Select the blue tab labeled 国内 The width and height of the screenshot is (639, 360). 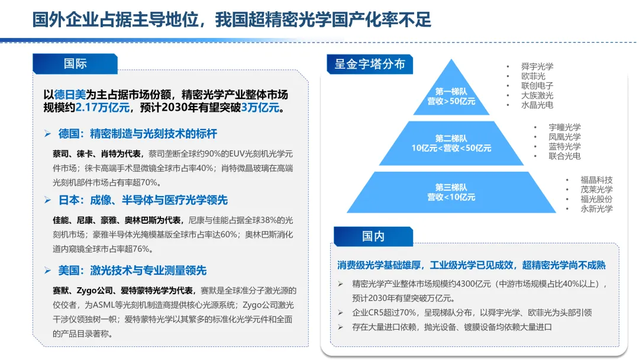(x=373, y=236)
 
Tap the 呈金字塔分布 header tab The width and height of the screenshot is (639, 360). (x=370, y=64)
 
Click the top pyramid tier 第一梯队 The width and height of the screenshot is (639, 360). (x=451, y=96)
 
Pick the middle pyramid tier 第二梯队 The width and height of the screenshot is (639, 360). (x=451, y=143)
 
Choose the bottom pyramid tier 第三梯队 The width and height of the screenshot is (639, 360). (x=451, y=192)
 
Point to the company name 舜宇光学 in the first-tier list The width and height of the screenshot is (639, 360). (x=537, y=67)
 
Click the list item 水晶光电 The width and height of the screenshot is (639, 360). (x=537, y=105)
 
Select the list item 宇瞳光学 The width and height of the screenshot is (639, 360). (x=564, y=127)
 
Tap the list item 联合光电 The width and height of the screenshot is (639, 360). (x=564, y=156)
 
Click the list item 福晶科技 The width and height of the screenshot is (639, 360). (x=596, y=180)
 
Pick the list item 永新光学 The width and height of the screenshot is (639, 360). (x=596, y=208)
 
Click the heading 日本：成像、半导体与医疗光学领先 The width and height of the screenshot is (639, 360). (x=143, y=200)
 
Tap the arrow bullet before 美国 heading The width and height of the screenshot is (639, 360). (x=48, y=271)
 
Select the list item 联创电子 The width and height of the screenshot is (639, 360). (x=537, y=86)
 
